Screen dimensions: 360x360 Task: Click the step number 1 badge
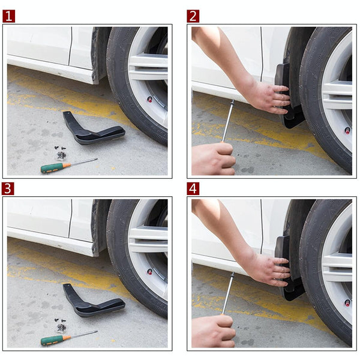[8, 16]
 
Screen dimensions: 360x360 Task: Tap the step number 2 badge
[193, 16]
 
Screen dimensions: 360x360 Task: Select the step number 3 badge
[8, 188]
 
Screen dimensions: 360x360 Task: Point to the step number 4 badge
[193, 188]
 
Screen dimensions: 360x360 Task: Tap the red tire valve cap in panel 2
[347, 130]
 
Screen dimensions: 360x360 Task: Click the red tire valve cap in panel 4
[347, 303]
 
